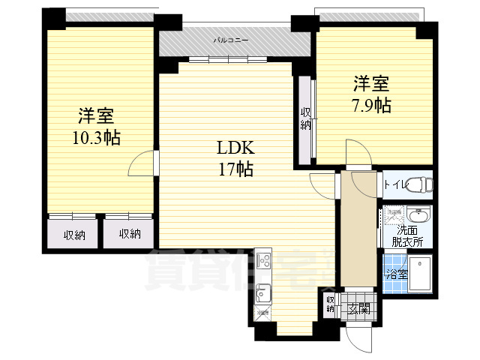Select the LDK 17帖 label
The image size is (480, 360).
click(235, 157)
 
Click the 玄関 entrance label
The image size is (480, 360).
click(358, 307)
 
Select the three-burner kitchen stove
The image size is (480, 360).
click(263, 261)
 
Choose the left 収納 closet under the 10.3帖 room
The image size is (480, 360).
click(73, 235)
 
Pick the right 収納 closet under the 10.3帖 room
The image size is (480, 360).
click(129, 235)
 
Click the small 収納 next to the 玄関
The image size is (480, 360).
click(330, 303)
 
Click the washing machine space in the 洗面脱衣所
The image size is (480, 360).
click(394, 215)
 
